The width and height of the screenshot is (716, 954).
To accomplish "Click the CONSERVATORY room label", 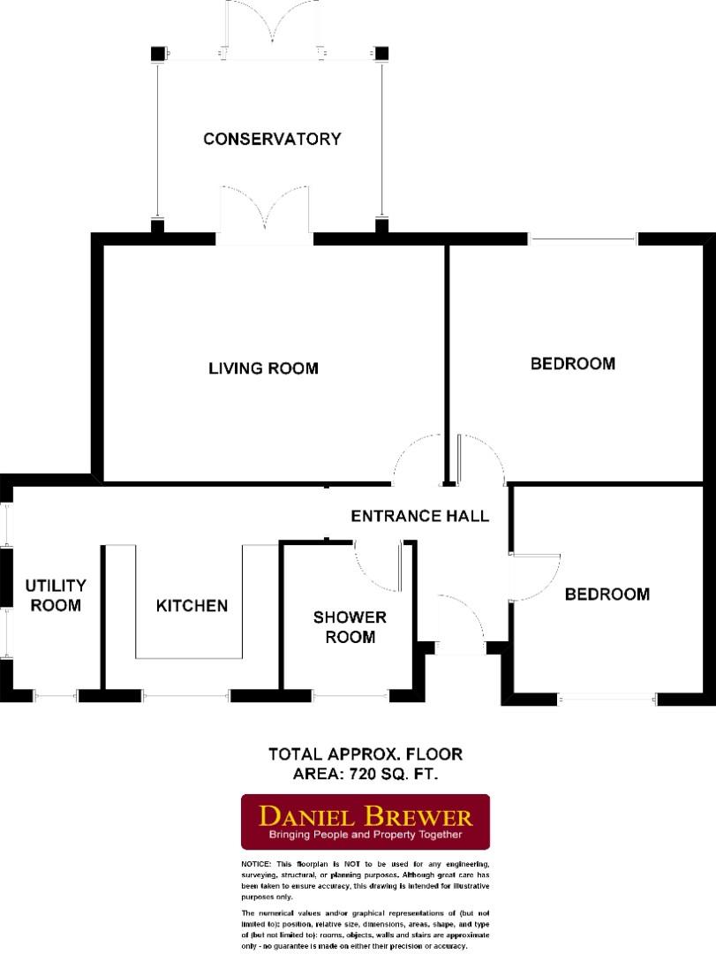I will point(272,139).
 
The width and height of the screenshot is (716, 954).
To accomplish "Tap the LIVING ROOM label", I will point(263,367).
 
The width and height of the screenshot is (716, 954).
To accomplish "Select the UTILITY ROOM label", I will point(55,595).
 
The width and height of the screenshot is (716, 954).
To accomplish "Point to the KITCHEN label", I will point(192,605).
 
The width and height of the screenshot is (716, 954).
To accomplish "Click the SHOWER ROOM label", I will point(350,626).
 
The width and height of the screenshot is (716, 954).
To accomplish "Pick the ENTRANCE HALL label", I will point(419,516).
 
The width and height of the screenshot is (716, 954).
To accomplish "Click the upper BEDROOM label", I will point(572,363).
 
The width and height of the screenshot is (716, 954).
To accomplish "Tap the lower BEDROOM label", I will point(607,594).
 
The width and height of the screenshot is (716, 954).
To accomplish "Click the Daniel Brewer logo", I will point(366,821).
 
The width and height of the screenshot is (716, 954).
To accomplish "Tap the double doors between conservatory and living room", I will point(264,215).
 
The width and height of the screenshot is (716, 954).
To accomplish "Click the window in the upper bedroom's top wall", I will point(583,238).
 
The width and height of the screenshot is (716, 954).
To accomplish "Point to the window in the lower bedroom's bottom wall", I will point(607,700).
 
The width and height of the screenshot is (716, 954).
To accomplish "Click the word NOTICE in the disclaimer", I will point(256,863).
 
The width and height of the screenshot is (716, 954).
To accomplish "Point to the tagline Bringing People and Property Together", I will point(366,835).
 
